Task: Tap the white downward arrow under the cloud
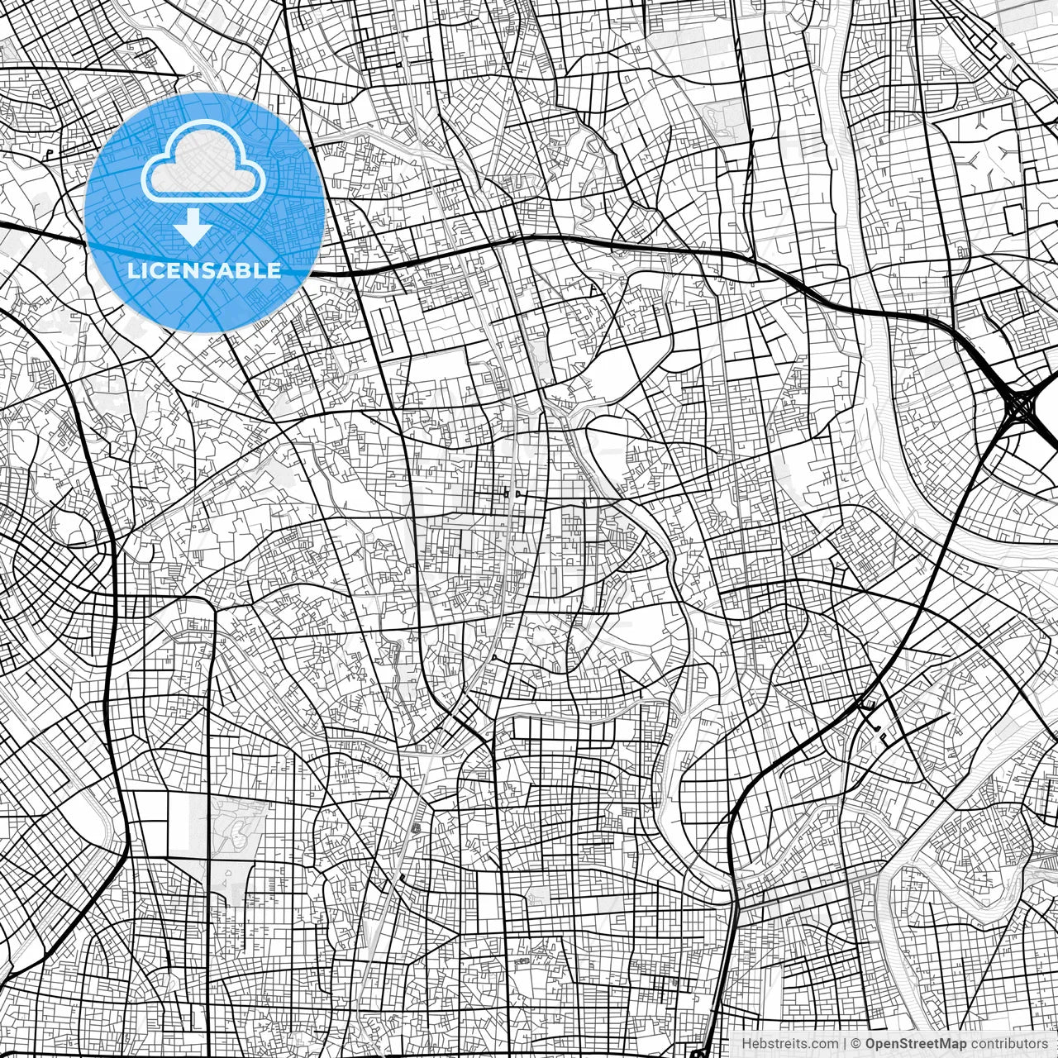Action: pyautogui.click(x=193, y=226)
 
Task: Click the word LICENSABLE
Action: pyautogui.click(x=204, y=270)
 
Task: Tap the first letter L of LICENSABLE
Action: pyautogui.click(x=133, y=270)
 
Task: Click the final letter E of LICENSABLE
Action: pyautogui.click(x=274, y=270)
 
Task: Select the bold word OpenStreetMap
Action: pyautogui.click(x=917, y=1044)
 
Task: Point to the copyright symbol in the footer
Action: pyautogui.click(x=857, y=1044)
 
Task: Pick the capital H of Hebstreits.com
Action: pyautogui.click(x=746, y=1044)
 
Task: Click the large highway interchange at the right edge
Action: pyautogui.click(x=1023, y=405)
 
